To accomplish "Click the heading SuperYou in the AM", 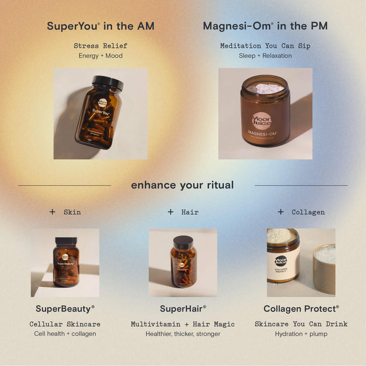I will [100, 26].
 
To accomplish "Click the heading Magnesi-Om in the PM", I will [265, 26].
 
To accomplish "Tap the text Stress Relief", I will [100, 46].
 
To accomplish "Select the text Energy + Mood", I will [100, 55].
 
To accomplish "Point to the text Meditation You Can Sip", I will [265, 46].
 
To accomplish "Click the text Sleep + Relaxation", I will [265, 55].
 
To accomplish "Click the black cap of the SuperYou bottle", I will [108, 83].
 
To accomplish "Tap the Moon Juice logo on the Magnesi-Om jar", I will [262, 121].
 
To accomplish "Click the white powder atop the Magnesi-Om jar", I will [265, 88].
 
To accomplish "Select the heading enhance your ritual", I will [182, 185].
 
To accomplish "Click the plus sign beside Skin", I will [52, 212].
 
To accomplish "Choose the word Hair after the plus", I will [189, 212].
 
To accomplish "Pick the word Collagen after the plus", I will [308, 212].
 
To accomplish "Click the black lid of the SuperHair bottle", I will [182, 242].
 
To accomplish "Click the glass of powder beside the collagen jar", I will [324, 268].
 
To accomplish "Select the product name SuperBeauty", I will [65, 309].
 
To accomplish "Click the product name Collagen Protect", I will [301, 309].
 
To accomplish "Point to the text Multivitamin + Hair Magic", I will [182, 324].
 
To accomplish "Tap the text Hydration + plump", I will [301, 334].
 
